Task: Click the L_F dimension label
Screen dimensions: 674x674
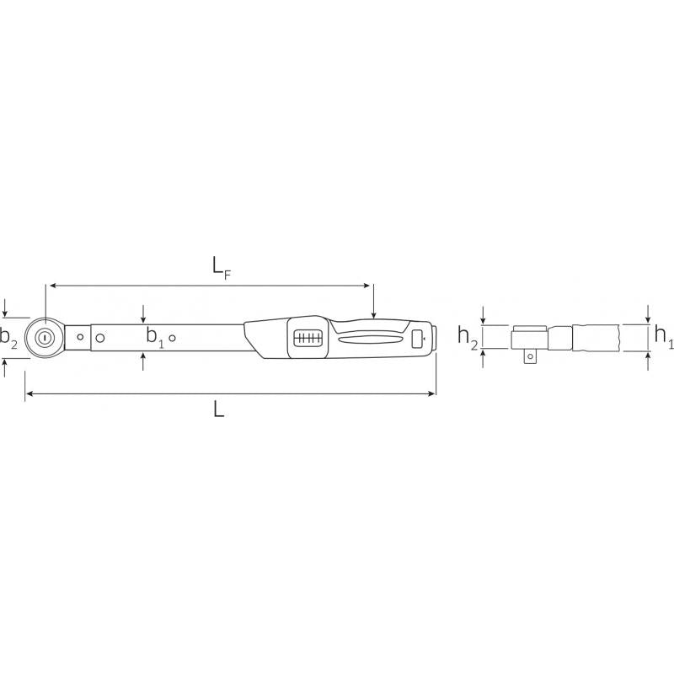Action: coord(222,267)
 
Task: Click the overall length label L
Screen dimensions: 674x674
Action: coord(218,409)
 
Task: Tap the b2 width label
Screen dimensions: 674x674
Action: coord(8,339)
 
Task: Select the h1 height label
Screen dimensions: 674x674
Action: coord(663,337)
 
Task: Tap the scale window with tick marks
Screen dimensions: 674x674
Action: coord(308,338)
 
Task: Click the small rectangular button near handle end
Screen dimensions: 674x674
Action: coord(417,339)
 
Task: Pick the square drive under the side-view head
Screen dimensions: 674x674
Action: coord(529,357)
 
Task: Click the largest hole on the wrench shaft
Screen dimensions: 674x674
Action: coord(100,339)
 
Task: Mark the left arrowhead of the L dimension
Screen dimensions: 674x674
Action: coord(28,393)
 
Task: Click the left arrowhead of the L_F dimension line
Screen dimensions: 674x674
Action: coord(51,286)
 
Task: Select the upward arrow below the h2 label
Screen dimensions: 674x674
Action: coord(483,355)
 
